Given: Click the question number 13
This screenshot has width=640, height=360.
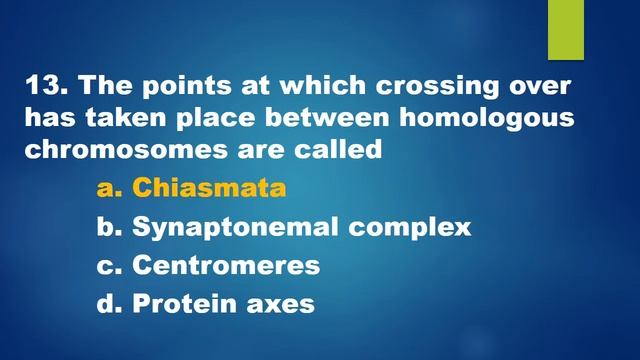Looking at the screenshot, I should click(43, 85).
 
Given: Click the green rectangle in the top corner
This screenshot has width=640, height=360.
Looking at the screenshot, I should click(565, 30).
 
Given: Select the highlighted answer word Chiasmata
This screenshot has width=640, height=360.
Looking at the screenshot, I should click(209, 188).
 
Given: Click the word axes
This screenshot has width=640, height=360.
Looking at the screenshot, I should click(282, 303).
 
